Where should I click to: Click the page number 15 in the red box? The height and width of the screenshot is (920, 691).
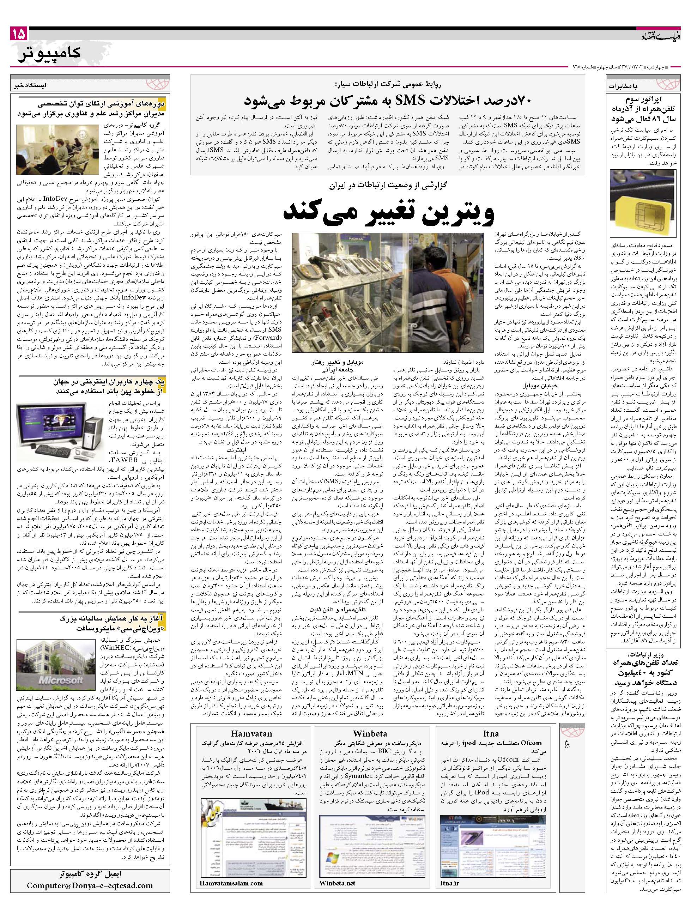coord(19,33)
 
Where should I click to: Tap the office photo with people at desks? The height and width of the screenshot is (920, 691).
coord(59,149)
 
